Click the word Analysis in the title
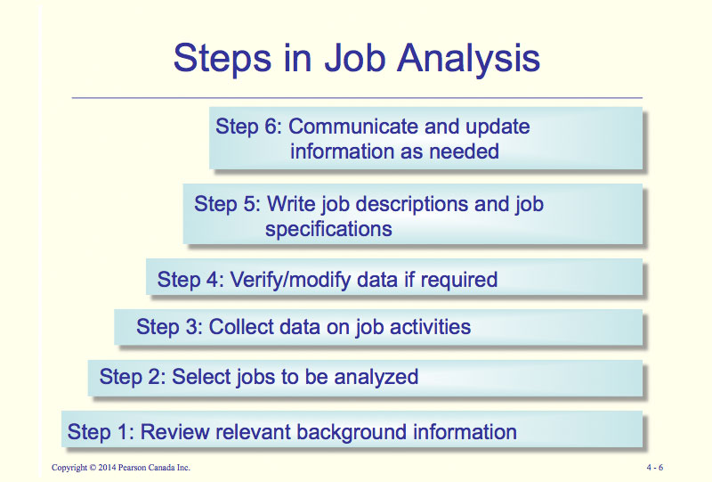(468, 58)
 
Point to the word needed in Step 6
(464, 151)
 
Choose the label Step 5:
(227, 204)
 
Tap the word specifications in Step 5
(328, 229)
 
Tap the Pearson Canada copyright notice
(121, 468)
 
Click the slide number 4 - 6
(655, 468)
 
